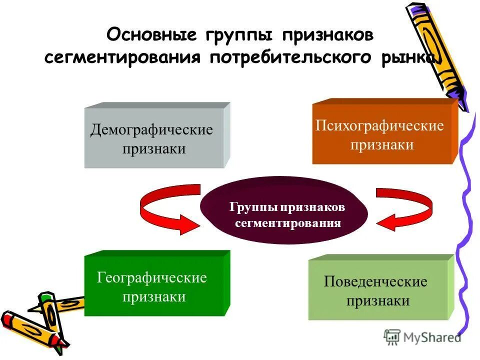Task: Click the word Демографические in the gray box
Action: click(152, 130)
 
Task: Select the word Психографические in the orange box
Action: click(380, 125)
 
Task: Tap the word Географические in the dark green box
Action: click(152, 277)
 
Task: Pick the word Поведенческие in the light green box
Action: click(376, 282)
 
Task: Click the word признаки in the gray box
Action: click(154, 149)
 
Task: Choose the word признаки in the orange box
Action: click(382, 144)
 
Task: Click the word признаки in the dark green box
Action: click(154, 296)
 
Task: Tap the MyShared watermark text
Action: click(433, 337)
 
